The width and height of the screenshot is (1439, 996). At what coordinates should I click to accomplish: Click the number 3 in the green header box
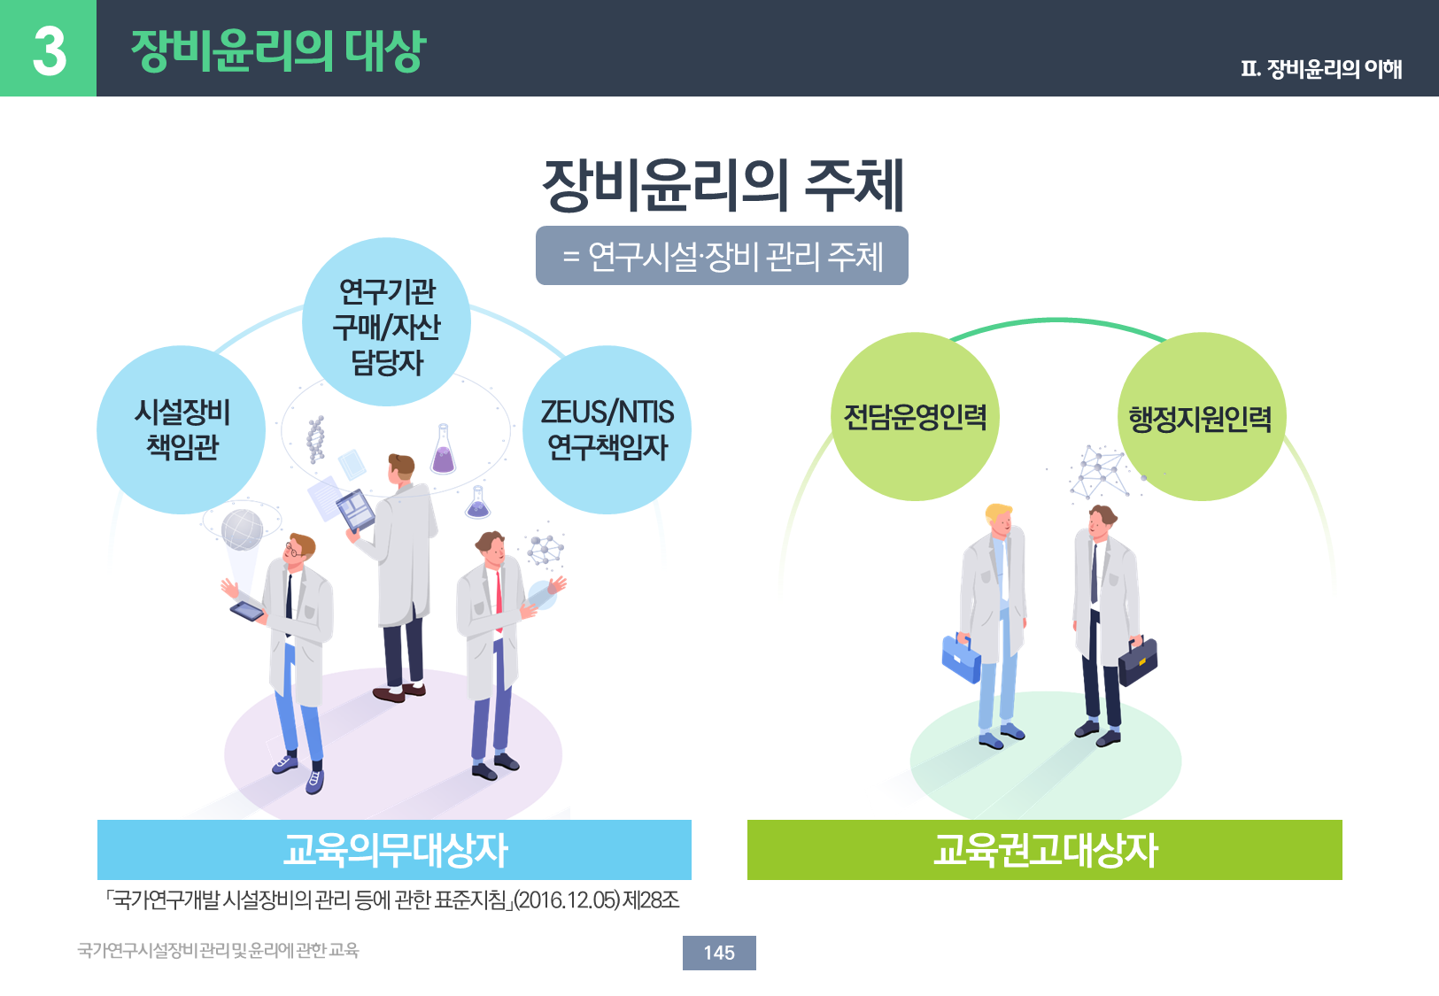(x=50, y=51)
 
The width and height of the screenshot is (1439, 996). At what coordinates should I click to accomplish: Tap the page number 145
(x=719, y=953)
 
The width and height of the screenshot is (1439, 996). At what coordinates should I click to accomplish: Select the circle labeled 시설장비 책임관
(x=182, y=429)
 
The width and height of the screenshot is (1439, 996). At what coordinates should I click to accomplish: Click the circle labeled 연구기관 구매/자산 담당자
(x=386, y=321)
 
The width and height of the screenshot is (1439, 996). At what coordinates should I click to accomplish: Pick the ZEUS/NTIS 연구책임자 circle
(x=607, y=429)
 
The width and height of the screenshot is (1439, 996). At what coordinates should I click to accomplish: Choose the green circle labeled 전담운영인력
(x=915, y=417)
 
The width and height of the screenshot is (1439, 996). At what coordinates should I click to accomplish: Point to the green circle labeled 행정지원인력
(x=1202, y=417)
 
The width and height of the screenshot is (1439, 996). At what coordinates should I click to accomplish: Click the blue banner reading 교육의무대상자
(x=394, y=850)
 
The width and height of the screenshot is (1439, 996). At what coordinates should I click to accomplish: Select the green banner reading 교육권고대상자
(x=1045, y=850)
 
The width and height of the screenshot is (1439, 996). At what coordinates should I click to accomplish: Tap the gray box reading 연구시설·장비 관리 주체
(x=722, y=256)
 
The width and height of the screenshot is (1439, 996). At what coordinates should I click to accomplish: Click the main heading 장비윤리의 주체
(x=723, y=185)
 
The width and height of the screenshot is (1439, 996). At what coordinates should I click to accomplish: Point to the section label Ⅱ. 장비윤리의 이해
(x=1321, y=68)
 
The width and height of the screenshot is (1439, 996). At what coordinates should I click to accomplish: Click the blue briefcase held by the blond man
(x=961, y=658)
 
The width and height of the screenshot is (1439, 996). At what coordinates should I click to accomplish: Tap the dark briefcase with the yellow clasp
(x=1138, y=660)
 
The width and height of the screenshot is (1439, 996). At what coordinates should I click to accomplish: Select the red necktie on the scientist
(x=499, y=600)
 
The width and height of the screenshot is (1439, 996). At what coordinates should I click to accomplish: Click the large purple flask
(x=444, y=450)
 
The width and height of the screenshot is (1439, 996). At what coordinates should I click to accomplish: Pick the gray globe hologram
(x=242, y=529)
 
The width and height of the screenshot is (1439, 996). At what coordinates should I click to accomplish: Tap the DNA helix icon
(x=315, y=439)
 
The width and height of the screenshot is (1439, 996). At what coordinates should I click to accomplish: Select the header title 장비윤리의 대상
(x=278, y=50)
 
